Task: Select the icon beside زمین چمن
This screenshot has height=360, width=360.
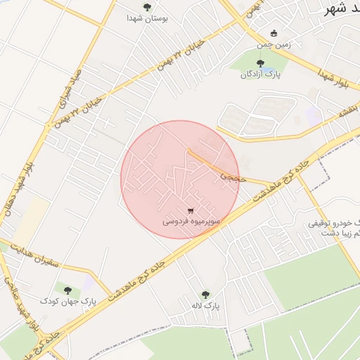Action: tap(274, 34)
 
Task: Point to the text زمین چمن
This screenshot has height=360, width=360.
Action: tap(263, 44)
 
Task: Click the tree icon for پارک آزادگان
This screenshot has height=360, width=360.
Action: tap(260, 63)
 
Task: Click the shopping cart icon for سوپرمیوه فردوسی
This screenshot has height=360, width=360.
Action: tap(191, 210)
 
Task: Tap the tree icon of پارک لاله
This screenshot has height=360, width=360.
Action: tap(205, 295)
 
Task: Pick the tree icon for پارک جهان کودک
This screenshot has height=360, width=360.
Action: tap(68, 289)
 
